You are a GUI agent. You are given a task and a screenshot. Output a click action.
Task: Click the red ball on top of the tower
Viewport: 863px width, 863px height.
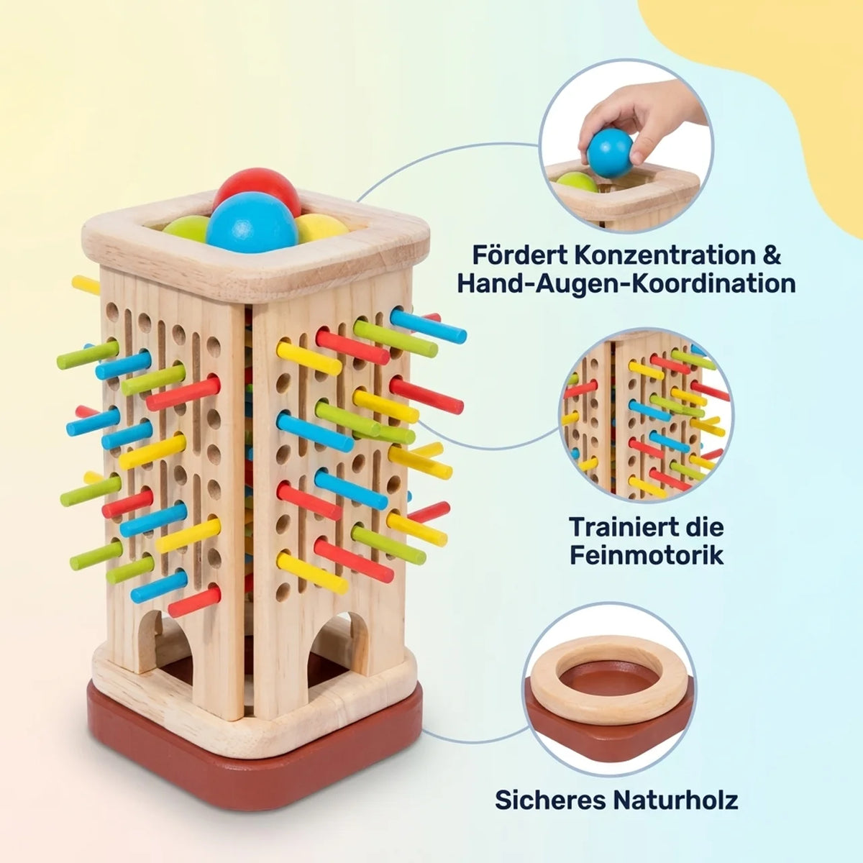tap(257, 188)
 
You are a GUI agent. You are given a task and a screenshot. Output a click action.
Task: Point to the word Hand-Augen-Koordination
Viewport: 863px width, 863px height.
tap(626, 283)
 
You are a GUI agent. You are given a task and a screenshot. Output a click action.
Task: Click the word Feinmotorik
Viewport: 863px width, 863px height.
tap(647, 555)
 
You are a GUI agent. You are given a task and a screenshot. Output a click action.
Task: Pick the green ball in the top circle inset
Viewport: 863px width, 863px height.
tap(577, 183)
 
